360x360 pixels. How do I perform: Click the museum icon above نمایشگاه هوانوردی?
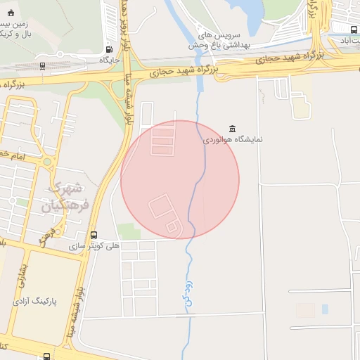[x=232, y=128]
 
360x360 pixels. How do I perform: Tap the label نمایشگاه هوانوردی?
[x=233, y=139]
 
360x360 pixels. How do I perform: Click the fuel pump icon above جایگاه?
[x=108, y=49]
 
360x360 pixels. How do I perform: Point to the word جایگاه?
[x=109, y=60]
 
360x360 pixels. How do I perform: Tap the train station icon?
[x=43, y=66]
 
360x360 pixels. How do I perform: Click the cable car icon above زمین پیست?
[x=9, y=12]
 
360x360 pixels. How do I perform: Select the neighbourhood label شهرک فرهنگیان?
[x=67, y=198]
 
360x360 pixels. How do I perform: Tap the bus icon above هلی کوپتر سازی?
[x=94, y=235]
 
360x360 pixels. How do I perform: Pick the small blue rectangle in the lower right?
[x=325, y=309]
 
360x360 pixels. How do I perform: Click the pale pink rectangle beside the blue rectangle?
[x=306, y=309]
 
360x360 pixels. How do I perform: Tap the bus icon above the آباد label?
[x=353, y=29]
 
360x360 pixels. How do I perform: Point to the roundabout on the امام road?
[x=48, y=162]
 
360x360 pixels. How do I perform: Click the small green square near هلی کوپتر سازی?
[x=129, y=231]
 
